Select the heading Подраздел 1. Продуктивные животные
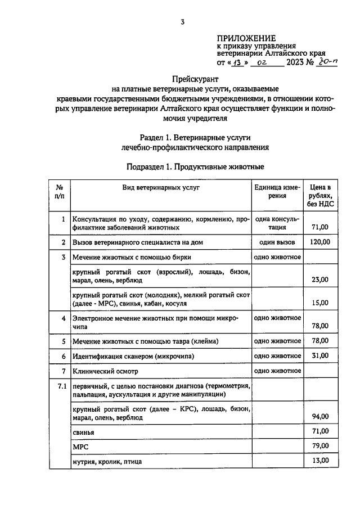coord(195,166)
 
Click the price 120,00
coord(319,242)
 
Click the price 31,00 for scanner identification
coord(319,356)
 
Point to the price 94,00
coord(319,417)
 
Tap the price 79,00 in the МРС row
coord(319,447)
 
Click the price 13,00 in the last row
coord(319,461)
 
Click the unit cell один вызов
coord(277,242)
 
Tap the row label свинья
coord(83,432)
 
